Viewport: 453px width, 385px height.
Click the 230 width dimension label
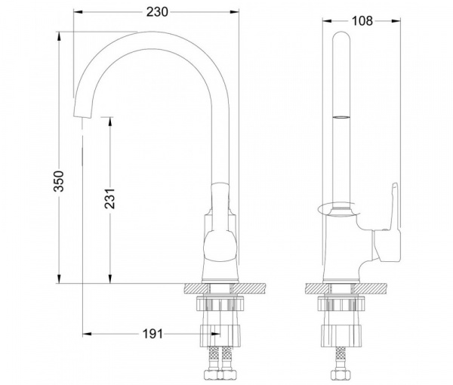pyautogui.click(x=157, y=12)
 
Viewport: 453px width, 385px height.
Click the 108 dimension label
pyautogui.click(x=362, y=21)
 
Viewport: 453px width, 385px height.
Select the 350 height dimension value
pyautogui.click(x=59, y=181)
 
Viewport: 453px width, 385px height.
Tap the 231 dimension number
pyautogui.click(x=109, y=199)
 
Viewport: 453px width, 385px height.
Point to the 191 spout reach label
pyautogui.click(x=153, y=334)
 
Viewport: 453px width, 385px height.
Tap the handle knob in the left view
pyautogui.click(x=220, y=246)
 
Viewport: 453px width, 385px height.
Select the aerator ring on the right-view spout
pyautogui.click(x=341, y=117)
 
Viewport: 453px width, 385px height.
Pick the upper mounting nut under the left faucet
pyautogui.click(x=220, y=303)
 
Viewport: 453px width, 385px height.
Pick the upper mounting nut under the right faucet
pyautogui.click(x=341, y=303)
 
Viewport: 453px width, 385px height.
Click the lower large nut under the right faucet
pyautogui.click(x=341, y=336)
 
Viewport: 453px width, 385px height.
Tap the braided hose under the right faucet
pyautogui.click(x=341, y=358)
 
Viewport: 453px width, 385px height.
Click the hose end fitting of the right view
pyautogui.click(x=341, y=374)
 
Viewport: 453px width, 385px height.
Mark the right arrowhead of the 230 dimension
pyautogui.click(x=235, y=12)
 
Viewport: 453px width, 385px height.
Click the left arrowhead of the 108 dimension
pyautogui.click(x=327, y=21)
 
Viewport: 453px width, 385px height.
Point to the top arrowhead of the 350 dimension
pyautogui.click(x=59, y=35)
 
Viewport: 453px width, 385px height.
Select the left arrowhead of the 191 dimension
pyautogui.click(x=87, y=334)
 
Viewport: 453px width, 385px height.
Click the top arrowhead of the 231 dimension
pyautogui.click(x=109, y=122)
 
